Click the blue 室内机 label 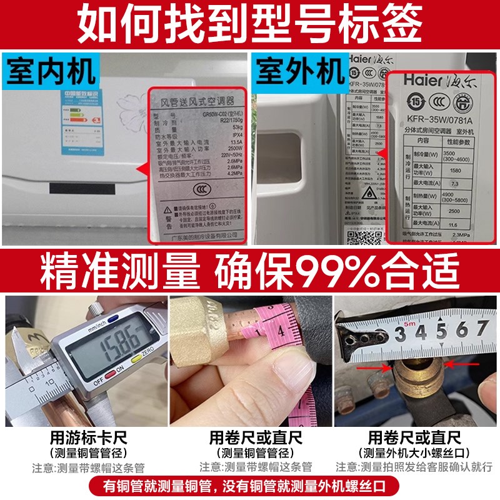tap(50, 71)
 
